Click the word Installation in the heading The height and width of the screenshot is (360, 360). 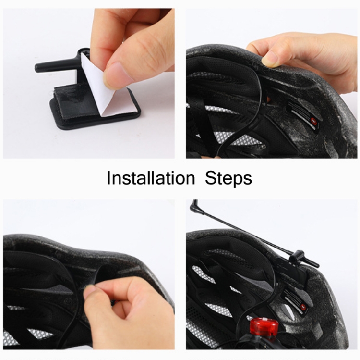click(x=151, y=178)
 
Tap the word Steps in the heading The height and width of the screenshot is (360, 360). click(x=228, y=178)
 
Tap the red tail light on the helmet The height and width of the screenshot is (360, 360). click(x=264, y=326)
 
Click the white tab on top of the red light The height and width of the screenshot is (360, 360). click(x=264, y=320)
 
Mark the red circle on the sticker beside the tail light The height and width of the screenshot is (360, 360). click(x=303, y=307)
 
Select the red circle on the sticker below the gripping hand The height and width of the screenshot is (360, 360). click(x=313, y=121)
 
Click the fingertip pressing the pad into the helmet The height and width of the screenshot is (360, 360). click(x=89, y=290)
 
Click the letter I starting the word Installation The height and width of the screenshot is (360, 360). click(x=108, y=178)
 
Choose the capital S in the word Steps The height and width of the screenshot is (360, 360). click(x=211, y=178)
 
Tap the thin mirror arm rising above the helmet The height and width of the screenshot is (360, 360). click(x=243, y=234)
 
